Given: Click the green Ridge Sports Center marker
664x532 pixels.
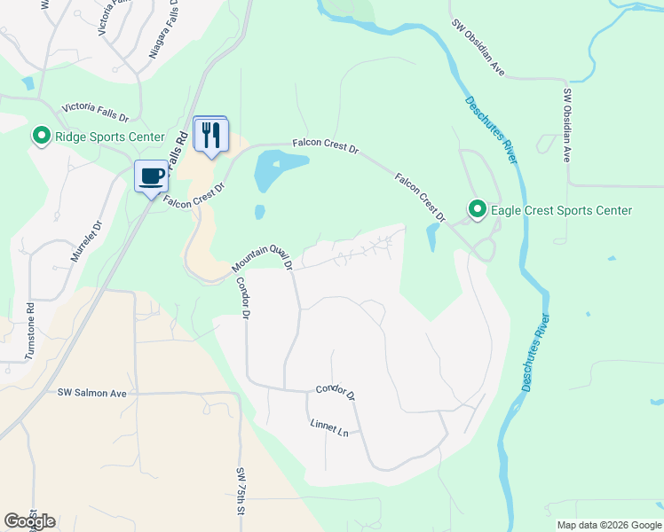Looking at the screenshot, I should (41, 137).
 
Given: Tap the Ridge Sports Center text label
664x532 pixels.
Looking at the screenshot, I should (110, 137).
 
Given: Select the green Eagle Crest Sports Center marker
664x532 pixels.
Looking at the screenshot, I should (478, 210).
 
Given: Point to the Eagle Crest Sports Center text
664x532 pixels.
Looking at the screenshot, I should (560, 210).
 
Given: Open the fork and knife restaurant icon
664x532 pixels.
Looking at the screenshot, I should (210, 135).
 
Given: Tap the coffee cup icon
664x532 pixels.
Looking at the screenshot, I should (151, 176).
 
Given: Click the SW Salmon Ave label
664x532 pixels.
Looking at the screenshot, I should (92, 393).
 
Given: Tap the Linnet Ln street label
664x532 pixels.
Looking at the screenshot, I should (329, 429).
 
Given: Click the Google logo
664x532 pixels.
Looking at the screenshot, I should (29, 520).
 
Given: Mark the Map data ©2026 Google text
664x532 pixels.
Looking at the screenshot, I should (609, 525).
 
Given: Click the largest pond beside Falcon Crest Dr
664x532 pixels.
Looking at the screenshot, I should (277, 169).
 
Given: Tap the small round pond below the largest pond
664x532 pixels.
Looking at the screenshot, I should (259, 212).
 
